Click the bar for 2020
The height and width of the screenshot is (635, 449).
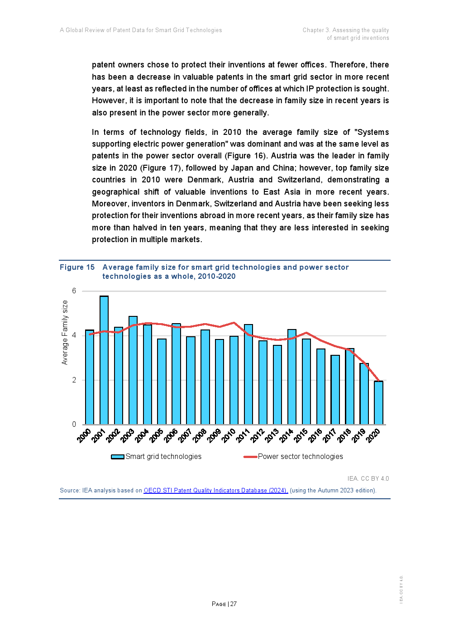378,403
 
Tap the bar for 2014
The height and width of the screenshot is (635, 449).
292,377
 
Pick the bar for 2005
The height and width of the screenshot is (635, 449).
162,382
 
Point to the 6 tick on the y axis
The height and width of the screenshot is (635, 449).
74,291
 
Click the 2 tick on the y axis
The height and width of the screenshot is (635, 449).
74,380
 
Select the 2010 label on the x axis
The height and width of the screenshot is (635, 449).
229,435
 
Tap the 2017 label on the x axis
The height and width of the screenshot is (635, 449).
330,435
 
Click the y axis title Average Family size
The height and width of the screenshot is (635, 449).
65,332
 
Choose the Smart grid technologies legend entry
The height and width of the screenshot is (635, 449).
157,456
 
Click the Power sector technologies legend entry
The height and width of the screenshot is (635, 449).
294,456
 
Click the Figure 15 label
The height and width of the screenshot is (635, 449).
77,267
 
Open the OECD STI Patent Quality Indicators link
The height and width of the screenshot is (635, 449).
215,490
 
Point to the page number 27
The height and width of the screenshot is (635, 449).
234,604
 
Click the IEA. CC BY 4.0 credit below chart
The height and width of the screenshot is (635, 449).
368,478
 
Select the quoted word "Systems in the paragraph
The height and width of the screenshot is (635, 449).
372,132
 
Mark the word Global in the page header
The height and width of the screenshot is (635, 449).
75,30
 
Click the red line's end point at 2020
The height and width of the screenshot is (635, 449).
379,381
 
